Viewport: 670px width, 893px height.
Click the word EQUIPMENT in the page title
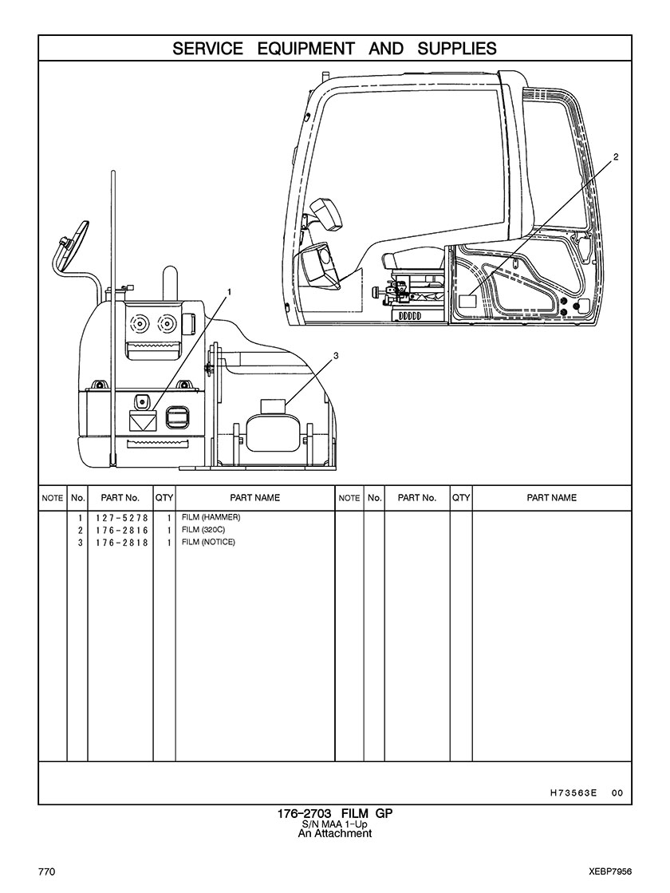pos(306,49)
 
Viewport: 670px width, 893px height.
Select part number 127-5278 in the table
pos(117,518)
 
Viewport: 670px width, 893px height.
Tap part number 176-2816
pos(117,531)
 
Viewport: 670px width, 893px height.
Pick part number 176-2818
pos(117,543)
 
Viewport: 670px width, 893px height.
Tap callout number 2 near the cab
pos(615,157)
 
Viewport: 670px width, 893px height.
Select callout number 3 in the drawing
pos(336,356)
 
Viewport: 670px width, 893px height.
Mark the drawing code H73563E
pos(573,792)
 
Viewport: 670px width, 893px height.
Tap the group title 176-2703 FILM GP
pos(335,814)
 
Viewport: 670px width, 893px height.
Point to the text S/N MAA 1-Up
pos(335,824)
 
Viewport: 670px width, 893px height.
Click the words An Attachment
pos(335,834)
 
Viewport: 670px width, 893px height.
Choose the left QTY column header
pos(164,498)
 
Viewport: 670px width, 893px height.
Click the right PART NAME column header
pos(551,498)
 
